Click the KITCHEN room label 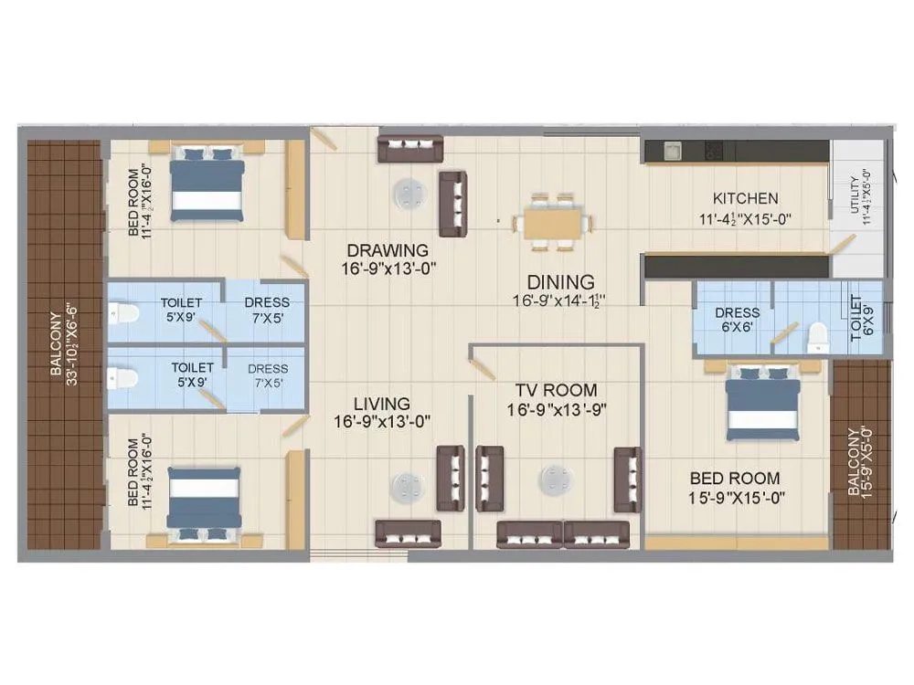(x=745, y=198)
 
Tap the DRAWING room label (x=387, y=250)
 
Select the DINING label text (x=560, y=282)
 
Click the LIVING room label (x=381, y=403)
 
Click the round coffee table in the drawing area (x=408, y=193)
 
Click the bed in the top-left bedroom (x=207, y=184)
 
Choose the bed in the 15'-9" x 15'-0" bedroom (x=763, y=405)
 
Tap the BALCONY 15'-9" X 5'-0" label (x=860, y=462)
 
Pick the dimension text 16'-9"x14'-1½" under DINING (x=560, y=300)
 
